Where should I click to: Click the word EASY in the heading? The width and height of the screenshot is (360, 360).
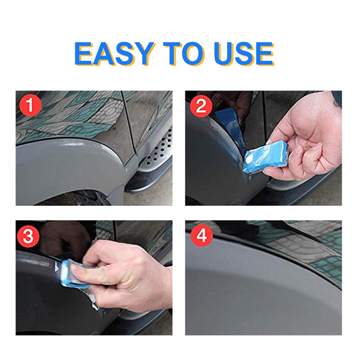click(114, 54)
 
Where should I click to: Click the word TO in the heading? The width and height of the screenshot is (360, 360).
click(185, 54)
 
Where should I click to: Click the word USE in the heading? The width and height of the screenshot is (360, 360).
click(244, 54)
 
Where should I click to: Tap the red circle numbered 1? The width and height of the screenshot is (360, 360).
click(31, 105)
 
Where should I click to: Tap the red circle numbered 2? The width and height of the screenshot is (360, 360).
click(201, 106)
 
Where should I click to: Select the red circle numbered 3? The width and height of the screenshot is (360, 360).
click(28, 237)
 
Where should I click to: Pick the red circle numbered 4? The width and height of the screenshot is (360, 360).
click(202, 235)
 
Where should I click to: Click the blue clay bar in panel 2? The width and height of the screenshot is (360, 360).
click(265, 156)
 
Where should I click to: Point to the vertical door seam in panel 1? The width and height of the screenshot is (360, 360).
click(127, 129)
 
